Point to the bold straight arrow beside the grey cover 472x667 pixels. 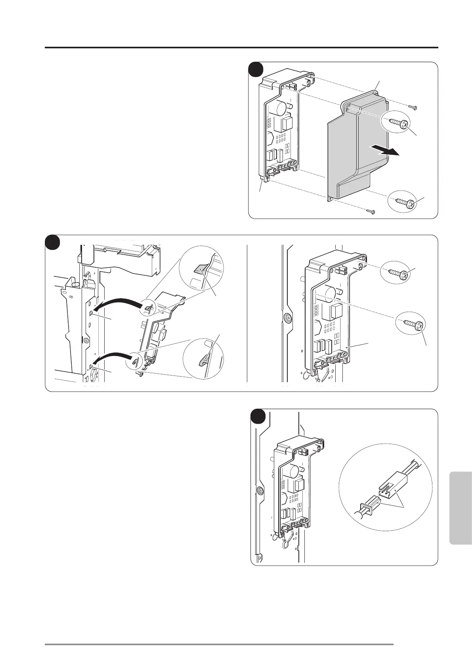tap(384, 151)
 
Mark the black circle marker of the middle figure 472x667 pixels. tap(52, 242)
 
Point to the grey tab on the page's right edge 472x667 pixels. tap(461, 507)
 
